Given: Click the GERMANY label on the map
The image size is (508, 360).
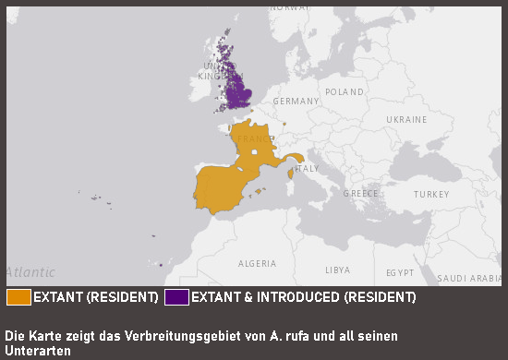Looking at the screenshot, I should [x=296, y=101].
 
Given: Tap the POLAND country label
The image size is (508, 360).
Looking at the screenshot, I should [x=345, y=92].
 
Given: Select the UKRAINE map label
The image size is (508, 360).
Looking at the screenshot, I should [x=406, y=120].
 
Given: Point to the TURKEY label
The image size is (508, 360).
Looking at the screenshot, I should [x=431, y=195].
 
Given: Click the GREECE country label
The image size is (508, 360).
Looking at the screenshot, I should [x=361, y=194].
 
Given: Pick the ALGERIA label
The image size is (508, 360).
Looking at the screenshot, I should [x=258, y=263].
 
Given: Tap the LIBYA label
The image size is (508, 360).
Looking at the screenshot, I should [x=337, y=270].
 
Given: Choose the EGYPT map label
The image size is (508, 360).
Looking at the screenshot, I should [x=400, y=273].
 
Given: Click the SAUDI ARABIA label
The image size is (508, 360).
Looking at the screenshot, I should [x=469, y=278].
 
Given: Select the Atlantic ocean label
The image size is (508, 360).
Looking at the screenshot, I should [x=30, y=272].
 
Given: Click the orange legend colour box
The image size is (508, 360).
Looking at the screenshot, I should [x=18, y=297].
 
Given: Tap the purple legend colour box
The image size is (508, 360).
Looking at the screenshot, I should [x=176, y=297].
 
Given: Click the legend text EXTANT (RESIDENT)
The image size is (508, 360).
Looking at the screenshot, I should [x=96, y=297].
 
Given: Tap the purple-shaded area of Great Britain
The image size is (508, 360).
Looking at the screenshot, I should [x=242, y=93].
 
